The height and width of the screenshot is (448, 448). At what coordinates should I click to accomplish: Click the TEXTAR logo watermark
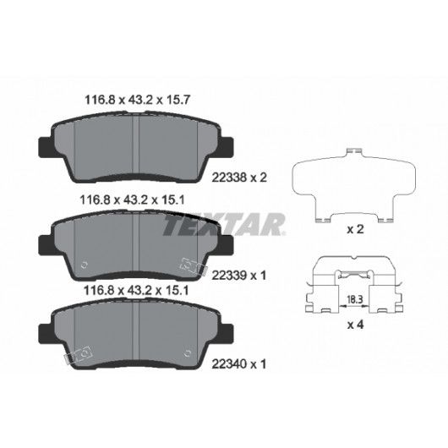224,224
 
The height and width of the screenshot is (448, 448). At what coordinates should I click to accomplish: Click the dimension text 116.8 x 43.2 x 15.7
138,100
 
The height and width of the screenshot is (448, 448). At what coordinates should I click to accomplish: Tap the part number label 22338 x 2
239,178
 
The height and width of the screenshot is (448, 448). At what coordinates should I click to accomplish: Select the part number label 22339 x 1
239,276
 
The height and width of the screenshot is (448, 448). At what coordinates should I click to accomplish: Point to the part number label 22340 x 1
239,364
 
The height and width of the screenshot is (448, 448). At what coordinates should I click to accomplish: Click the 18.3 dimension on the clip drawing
354,299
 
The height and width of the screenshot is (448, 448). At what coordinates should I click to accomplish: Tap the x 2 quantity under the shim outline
355,229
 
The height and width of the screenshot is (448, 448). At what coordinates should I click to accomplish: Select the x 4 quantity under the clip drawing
355,325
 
